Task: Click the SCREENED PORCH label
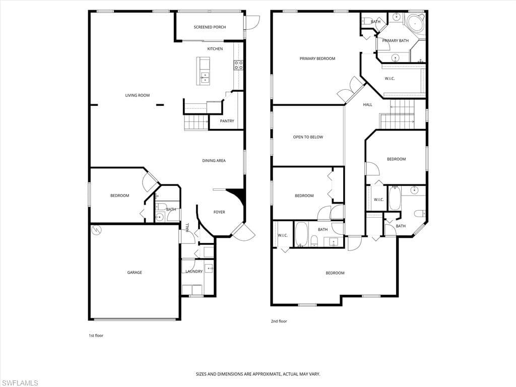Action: point(210,27)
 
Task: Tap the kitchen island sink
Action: point(205,77)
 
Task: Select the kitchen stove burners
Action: point(238,65)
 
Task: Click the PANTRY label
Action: point(227,121)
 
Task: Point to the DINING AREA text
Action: point(214,161)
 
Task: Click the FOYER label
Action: point(219,212)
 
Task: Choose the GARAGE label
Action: point(135,273)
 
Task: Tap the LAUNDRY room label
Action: point(194,272)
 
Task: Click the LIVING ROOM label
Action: point(138,95)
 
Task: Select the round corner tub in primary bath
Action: point(415,22)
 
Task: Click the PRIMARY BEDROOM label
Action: point(317,58)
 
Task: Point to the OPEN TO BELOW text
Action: point(308,137)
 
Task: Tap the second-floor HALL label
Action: point(367,105)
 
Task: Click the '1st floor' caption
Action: point(96,336)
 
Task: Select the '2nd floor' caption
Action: point(279,321)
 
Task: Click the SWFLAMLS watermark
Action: point(19,383)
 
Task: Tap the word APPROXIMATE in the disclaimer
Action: point(265,374)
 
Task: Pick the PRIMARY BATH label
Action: point(395,41)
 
